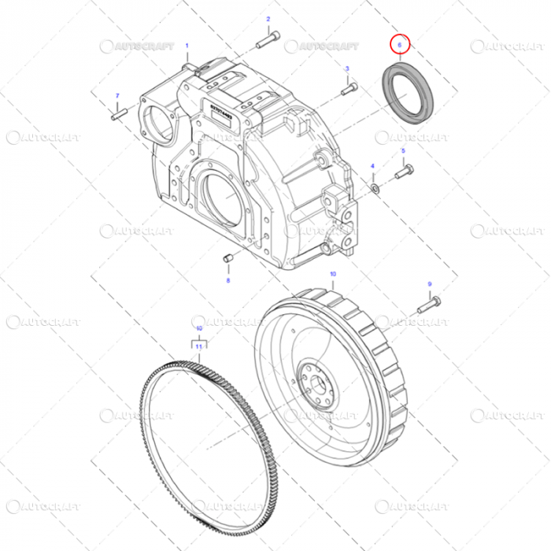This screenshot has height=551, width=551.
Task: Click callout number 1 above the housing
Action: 187,46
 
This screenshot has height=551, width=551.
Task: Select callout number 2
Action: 268,18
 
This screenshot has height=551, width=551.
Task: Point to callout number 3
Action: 346,70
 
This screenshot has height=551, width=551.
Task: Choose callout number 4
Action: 373,166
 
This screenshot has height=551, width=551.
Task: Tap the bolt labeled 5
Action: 405,170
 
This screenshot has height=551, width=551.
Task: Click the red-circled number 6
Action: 400,46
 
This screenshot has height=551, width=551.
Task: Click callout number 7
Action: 116,96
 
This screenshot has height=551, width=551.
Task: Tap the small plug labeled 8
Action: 228,258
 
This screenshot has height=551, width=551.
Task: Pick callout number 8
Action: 228,279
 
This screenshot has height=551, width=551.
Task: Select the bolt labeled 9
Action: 427,303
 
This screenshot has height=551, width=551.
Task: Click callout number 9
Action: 430,283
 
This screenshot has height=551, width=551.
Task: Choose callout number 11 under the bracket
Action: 199,346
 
